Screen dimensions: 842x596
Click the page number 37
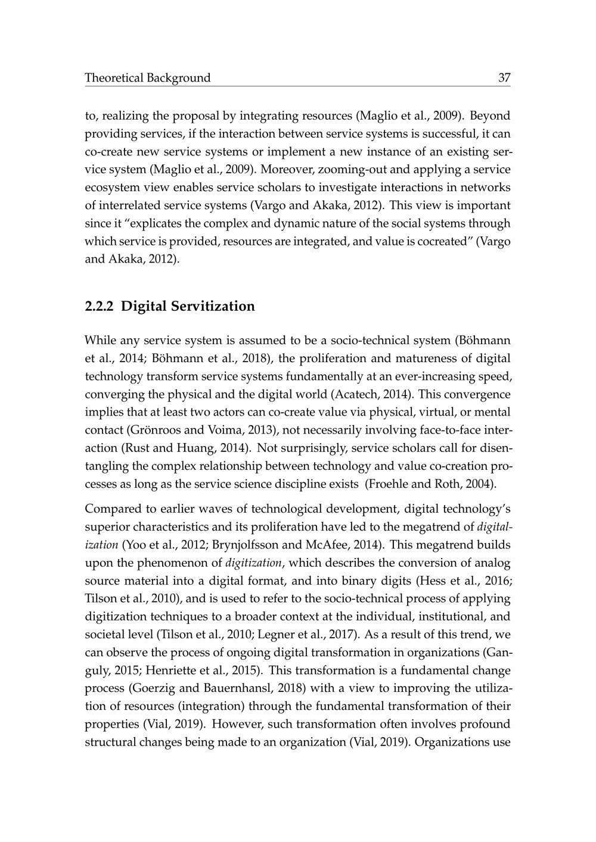504,78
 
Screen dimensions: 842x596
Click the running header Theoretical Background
148,78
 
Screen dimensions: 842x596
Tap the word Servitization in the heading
213,307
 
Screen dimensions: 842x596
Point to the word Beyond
491,116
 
